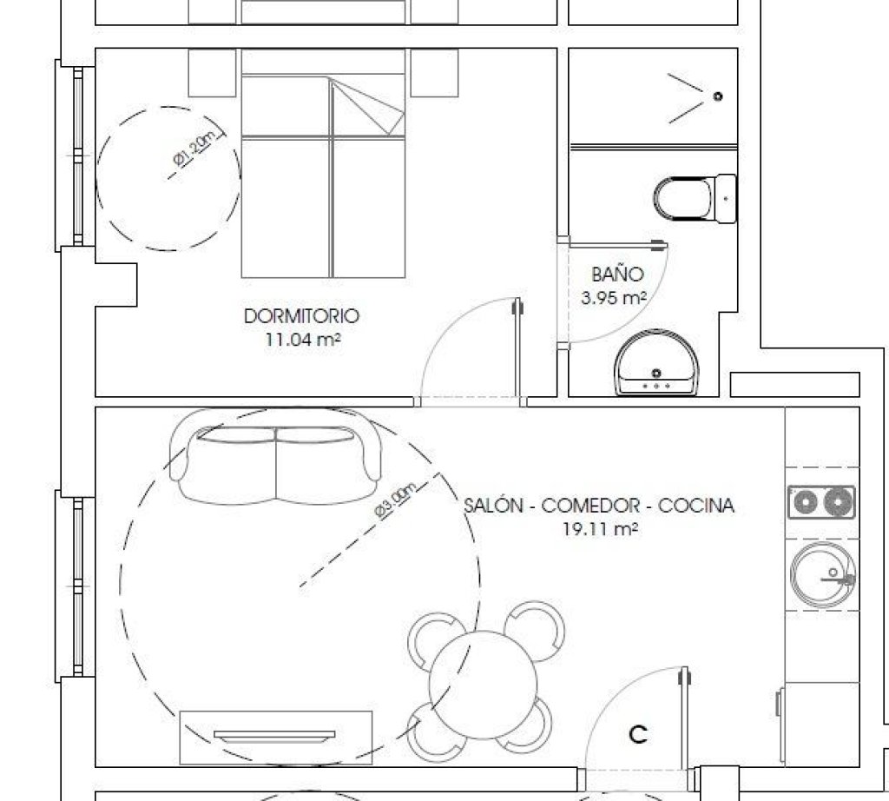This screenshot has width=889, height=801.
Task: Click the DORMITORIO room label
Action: point(301,316)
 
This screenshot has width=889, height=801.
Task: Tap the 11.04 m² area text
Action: point(303,340)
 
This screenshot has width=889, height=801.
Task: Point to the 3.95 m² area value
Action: point(614,298)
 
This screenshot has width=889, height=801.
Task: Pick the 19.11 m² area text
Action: point(601,529)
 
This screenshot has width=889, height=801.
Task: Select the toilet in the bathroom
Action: point(695,199)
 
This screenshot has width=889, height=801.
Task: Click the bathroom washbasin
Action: point(656,364)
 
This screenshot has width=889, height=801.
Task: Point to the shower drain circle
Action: point(718,96)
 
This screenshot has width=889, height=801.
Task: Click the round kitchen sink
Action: point(823,574)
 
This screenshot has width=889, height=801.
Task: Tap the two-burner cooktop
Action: point(821,502)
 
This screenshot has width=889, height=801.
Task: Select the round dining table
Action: point(483,685)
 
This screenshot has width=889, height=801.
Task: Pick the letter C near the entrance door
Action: point(638,735)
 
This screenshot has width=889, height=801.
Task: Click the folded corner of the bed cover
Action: point(367,107)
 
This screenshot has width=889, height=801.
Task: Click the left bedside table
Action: point(212,73)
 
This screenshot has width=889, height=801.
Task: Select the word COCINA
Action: point(696,506)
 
